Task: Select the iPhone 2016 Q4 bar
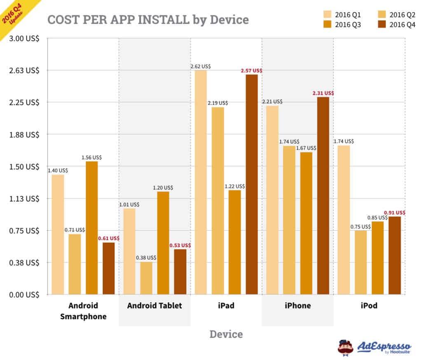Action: click(323, 196)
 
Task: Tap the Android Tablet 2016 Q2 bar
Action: click(146, 278)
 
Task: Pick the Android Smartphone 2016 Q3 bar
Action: click(92, 228)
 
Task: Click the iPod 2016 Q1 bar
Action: click(343, 220)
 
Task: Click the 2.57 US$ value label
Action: click(251, 71)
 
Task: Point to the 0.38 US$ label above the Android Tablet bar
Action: click(146, 257)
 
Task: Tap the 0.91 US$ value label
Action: click(394, 213)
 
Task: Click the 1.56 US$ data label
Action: click(91, 157)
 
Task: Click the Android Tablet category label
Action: click(155, 306)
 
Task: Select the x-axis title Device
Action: click(226, 334)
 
